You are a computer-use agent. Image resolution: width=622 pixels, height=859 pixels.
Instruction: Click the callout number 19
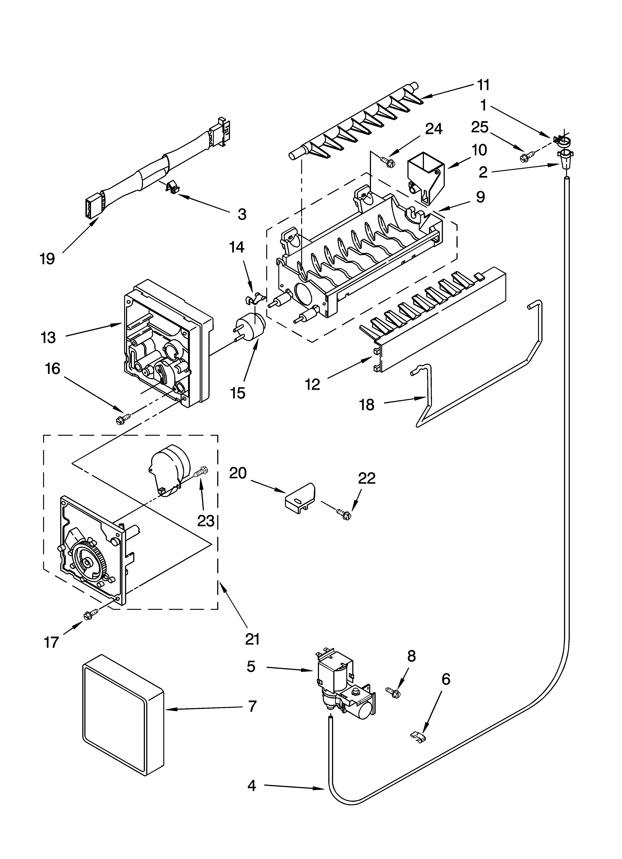click(x=47, y=259)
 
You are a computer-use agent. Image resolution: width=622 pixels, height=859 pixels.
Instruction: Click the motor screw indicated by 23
click(x=202, y=472)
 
